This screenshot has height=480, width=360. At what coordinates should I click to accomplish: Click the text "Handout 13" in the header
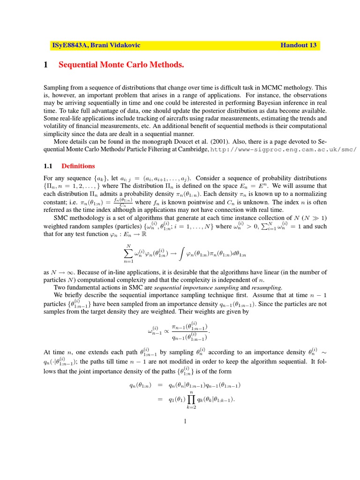click(x=298, y=45)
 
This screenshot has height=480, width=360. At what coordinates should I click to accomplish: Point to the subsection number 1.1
click(x=49, y=166)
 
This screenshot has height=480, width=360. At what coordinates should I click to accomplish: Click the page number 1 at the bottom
click(x=186, y=421)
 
